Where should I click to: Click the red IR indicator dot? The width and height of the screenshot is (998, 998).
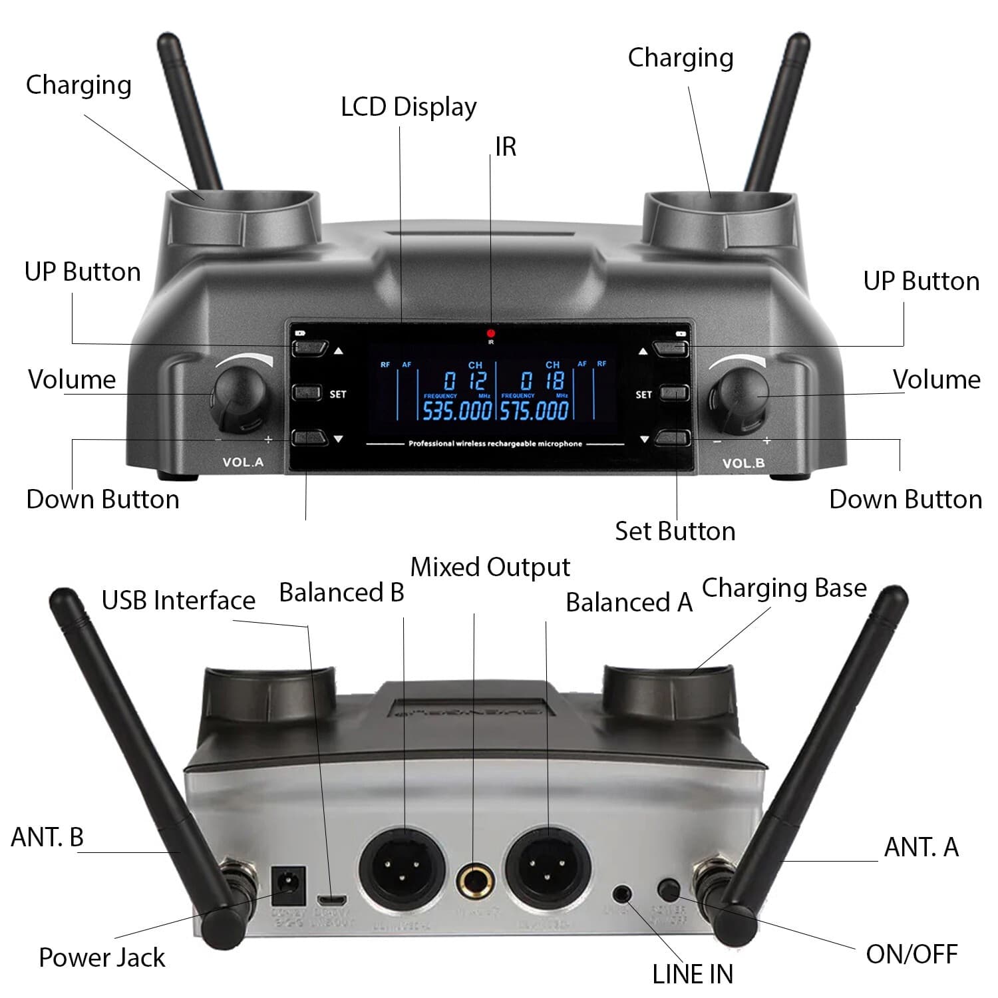click(491, 333)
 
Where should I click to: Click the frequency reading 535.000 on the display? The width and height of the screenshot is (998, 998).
click(457, 411)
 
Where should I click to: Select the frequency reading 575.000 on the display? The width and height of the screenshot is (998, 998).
click(535, 411)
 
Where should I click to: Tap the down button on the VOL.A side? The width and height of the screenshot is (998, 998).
click(310, 438)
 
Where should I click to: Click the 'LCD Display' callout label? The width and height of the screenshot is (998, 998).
click(409, 107)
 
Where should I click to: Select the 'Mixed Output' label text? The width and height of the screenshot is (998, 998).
click(490, 567)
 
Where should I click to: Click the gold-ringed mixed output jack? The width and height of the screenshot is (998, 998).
click(475, 883)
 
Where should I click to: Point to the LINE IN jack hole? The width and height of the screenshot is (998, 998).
click(623, 892)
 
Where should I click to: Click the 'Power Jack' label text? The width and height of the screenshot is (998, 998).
click(102, 957)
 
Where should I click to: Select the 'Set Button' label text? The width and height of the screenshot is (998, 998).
click(675, 531)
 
